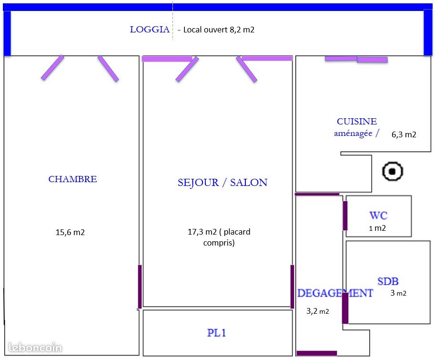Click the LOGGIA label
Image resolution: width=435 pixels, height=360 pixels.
click(150, 30)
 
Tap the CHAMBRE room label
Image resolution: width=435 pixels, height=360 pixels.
click(73, 179)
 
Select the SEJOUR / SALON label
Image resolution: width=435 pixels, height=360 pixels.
click(223, 182)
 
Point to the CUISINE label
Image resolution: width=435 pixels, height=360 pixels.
click(357, 121)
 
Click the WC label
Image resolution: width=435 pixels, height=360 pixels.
click(378, 216)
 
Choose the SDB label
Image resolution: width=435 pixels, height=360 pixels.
click(388, 281)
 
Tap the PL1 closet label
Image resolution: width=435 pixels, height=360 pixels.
click(216, 332)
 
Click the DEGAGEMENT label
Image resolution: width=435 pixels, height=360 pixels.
click(335, 293)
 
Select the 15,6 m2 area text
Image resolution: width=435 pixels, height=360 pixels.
click(70, 232)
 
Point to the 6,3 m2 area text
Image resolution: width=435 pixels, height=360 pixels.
click(404, 134)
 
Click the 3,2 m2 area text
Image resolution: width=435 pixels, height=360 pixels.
click(318, 311)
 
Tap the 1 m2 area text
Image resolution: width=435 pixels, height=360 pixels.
click(377, 228)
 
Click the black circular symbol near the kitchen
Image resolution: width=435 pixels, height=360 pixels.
click(392, 171)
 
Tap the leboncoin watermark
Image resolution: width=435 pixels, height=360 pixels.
click(35, 348)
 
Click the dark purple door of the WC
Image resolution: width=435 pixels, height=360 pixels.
click(345, 216)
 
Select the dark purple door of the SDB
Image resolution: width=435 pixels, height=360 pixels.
click(345, 308)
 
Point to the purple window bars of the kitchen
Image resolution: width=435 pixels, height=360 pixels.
click(356, 59)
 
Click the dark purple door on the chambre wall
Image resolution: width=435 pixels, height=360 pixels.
click(140, 287)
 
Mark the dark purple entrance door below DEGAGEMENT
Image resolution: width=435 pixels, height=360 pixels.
click(317, 353)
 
